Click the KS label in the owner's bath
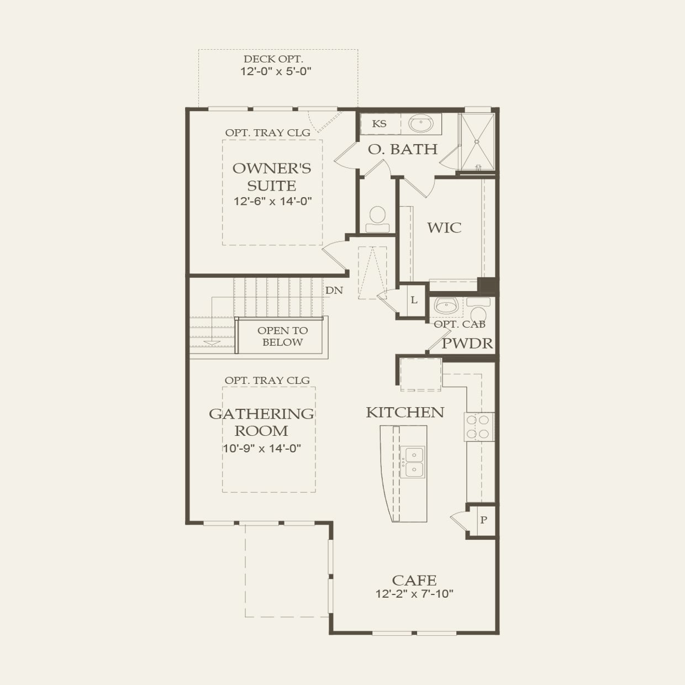pyautogui.click(x=379, y=124)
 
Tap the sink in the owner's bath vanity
pyautogui.click(x=421, y=123)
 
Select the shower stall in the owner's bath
pyautogui.click(x=477, y=142)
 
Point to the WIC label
pyautogui.click(x=444, y=228)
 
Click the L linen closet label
pyautogui.click(x=414, y=300)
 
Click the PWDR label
pyautogui.click(x=467, y=344)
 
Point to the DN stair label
pyautogui.click(x=334, y=291)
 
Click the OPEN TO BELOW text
pyautogui.click(x=283, y=336)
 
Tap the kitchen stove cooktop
pyautogui.click(x=479, y=426)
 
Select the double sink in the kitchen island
pyautogui.click(x=413, y=462)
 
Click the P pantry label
pyautogui.click(x=483, y=520)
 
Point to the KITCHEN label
pyautogui.click(x=405, y=412)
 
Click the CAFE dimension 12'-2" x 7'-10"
pyautogui.click(x=414, y=593)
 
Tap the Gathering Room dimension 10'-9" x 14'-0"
pyautogui.click(x=262, y=448)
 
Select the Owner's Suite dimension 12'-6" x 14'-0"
pyautogui.click(x=273, y=201)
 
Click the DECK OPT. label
pyautogui.click(x=273, y=59)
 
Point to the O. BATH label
pyautogui.click(x=403, y=149)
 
